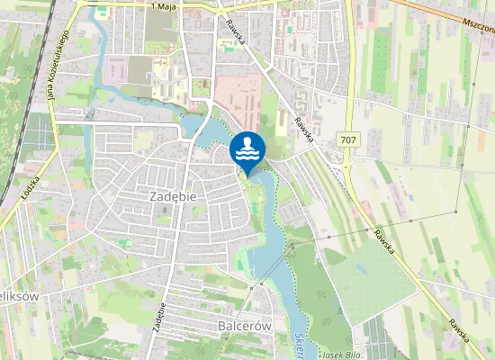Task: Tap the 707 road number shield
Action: point(348,139)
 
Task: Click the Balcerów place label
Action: point(245,326)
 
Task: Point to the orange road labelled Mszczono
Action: point(441,13)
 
